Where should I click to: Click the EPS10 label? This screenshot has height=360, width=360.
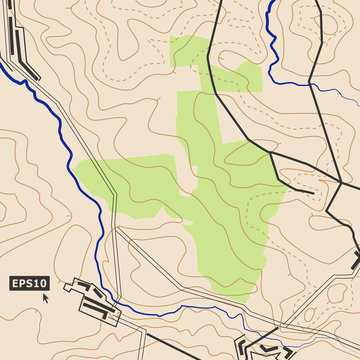coord(29,283)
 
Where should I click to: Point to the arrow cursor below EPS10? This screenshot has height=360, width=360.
coord(45,298)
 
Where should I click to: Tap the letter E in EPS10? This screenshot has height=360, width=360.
coord(16,283)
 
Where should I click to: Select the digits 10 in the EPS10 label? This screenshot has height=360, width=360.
coord(41,283)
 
